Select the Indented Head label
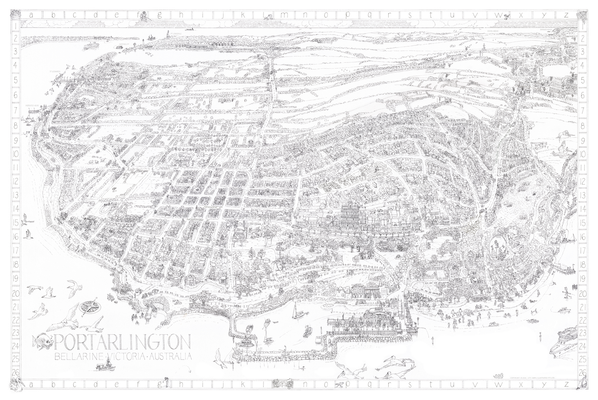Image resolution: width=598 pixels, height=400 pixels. click(31, 106)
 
